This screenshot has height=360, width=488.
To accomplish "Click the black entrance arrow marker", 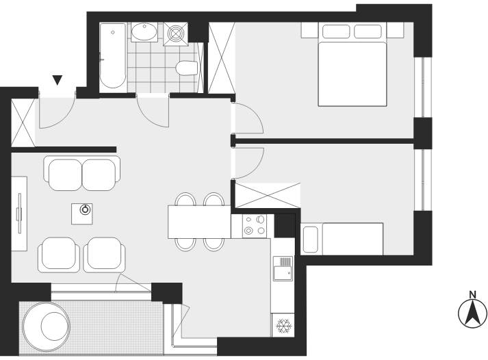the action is pyautogui.click(x=57, y=80).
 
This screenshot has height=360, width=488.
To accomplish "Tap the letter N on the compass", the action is pyautogui.click(x=472, y=294).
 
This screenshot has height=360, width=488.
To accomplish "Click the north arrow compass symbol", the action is pyautogui.click(x=472, y=313).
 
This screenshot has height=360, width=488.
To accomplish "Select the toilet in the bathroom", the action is pyautogui.click(x=187, y=68).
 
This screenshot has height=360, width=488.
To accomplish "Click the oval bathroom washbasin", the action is pyautogui.click(x=144, y=31).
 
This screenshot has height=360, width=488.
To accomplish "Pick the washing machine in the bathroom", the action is pyautogui.click(x=176, y=34).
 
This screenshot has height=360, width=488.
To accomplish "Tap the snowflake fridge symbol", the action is pyautogui.click(x=283, y=326).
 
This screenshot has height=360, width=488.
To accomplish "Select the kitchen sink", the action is pyautogui.click(x=283, y=268).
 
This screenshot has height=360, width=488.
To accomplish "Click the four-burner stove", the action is pyautogui.click(x=255, y=226).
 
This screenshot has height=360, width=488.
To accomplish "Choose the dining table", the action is pyautogui.click(x=199, y=222).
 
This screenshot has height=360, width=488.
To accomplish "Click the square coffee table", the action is pyautogui.click(x=82, y=214).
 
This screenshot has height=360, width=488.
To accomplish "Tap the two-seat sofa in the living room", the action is pyautogui.click(x=82, y=173).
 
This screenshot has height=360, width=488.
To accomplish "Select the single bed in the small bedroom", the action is pyautogui.click(x=342, y=239).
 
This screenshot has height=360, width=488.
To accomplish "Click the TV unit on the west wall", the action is pyautogui.click(x=19, y=214).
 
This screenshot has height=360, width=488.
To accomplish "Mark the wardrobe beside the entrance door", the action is pyautogui.click(x=23, y=123).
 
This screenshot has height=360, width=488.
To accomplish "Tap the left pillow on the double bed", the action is pyautogui.click(x=336, y=31).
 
